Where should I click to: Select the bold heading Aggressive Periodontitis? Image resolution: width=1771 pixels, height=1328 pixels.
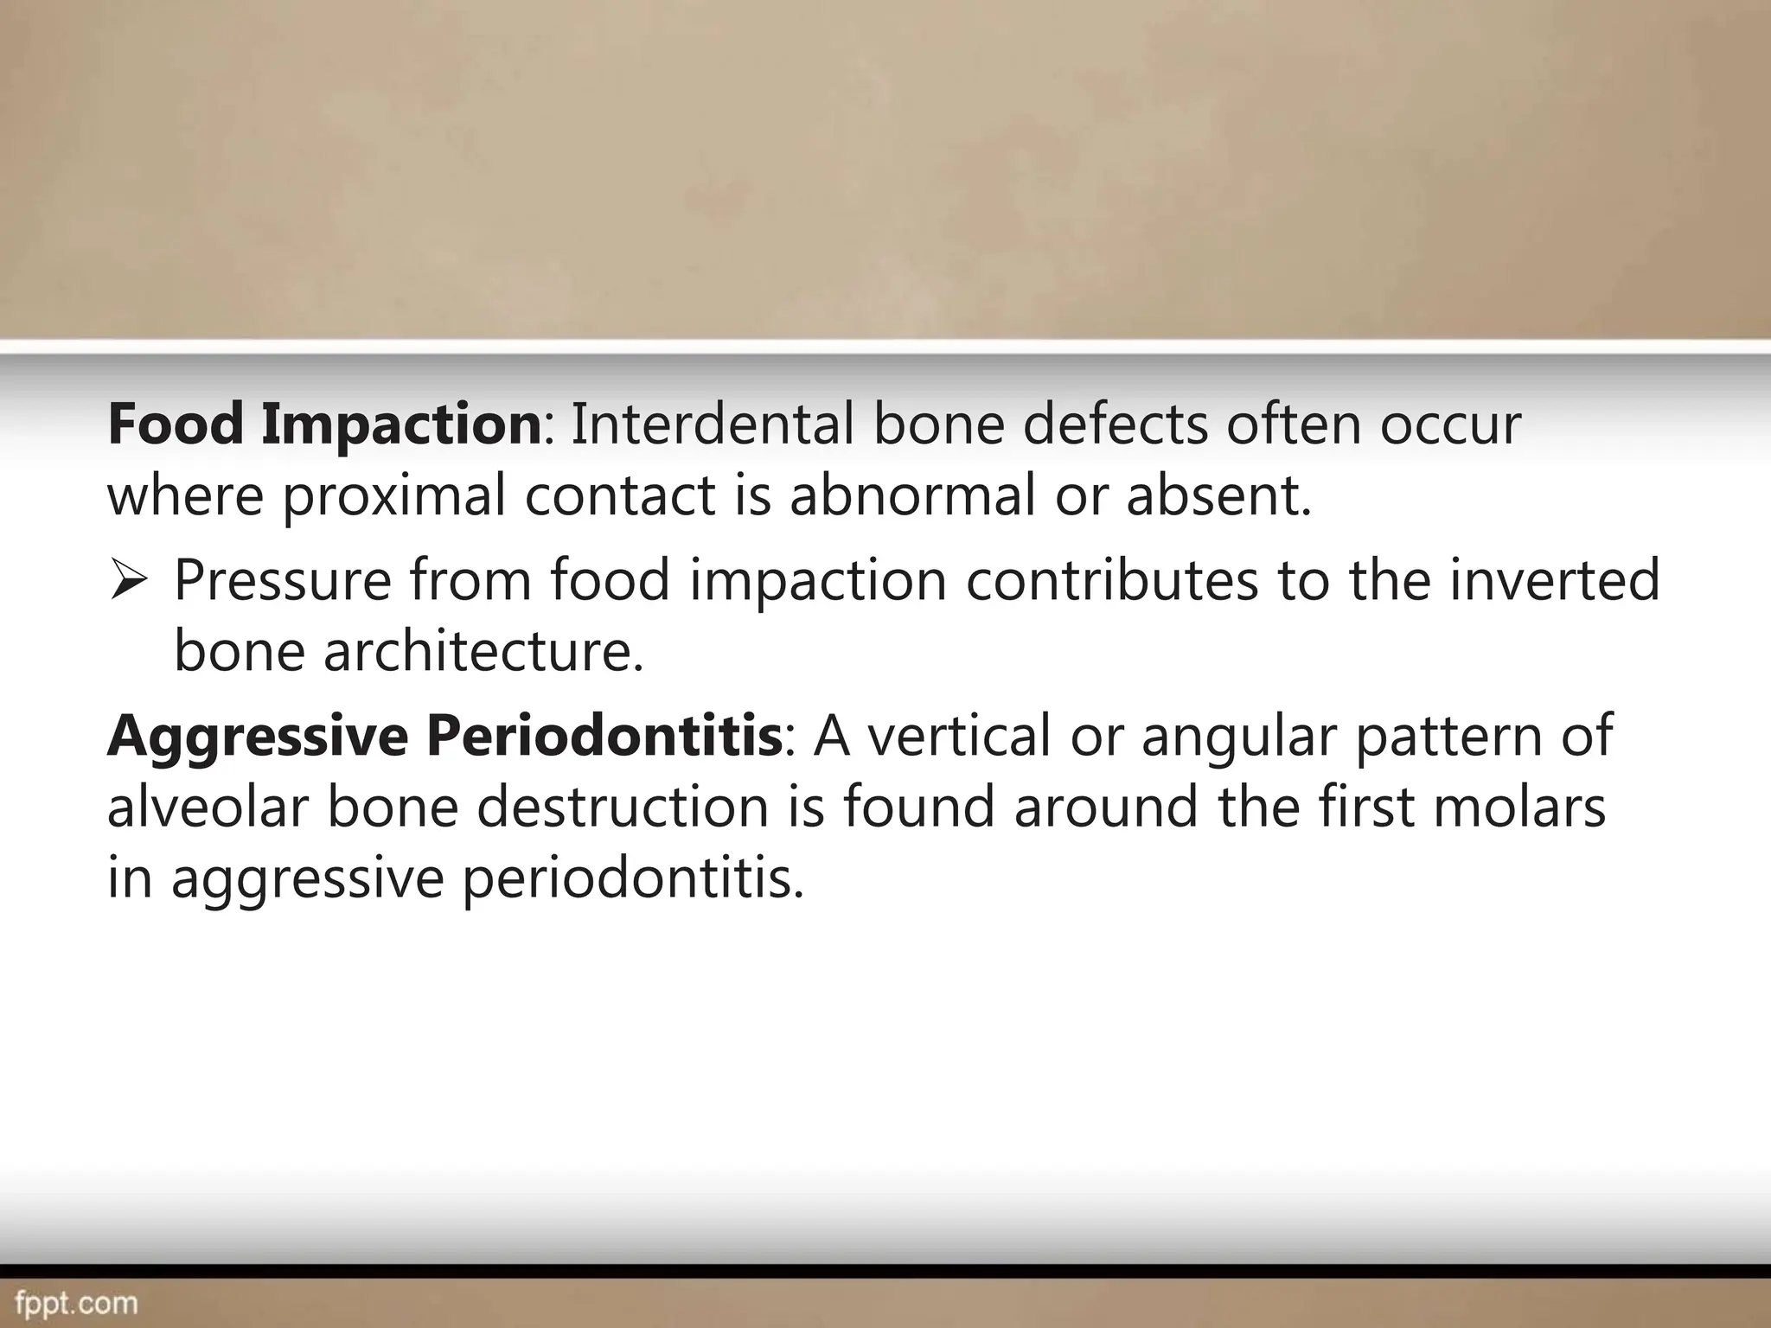pyautogui.click(x=444, y=736)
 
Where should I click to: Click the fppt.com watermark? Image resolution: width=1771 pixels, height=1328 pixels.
pyautogui.click(x=76, y=1303)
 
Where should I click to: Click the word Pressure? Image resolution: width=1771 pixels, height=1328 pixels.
pyautogui.click(x=283, y=580)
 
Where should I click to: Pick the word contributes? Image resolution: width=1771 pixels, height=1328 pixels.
pyautogui.click(x=1112, y=580)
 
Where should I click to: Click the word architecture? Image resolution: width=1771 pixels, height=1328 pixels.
pyautogui.click(x=483, y=651)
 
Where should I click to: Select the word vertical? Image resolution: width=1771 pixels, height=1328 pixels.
pyautogui.click(x=959, y=736)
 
